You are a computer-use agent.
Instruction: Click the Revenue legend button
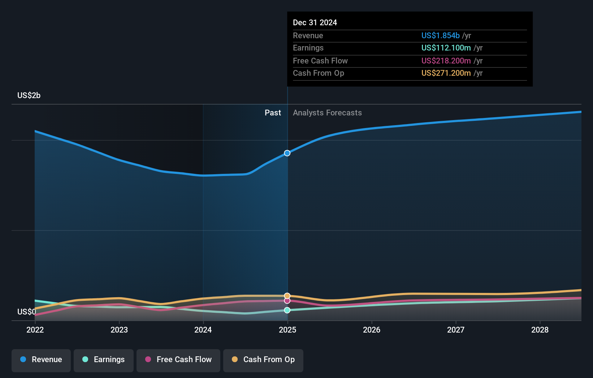point(41,360)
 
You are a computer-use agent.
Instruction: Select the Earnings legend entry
point(104,360)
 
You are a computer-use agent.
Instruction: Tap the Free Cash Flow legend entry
point(178,360)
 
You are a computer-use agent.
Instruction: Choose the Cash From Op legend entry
point(263,360)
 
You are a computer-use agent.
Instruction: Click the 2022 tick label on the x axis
point(35,330)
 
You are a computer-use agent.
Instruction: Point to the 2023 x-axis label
point(119,330)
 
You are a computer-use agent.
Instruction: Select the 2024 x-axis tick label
point(203,330)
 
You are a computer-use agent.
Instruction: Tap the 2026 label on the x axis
point(372,330)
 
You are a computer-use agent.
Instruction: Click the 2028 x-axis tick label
point(540,330)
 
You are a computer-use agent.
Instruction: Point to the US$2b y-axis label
point(29,96)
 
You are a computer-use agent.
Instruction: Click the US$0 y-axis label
point(27,312)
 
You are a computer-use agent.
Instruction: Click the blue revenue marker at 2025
point(287,153)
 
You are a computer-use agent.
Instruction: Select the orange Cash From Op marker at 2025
point(287,296)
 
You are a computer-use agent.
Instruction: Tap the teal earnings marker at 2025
point(287,310)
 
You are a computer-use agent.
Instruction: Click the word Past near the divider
point(273,113)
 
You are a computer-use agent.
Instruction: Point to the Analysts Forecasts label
point(327,113)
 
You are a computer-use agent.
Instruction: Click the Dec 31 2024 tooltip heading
point(315,23)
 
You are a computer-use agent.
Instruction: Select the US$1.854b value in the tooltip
point(440,36)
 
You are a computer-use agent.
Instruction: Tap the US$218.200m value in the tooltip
point(446,61)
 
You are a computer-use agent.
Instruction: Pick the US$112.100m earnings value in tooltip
point(446,48)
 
